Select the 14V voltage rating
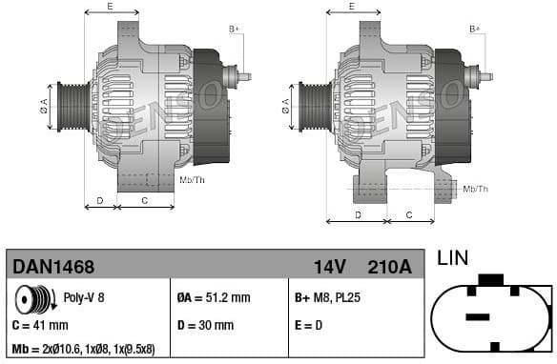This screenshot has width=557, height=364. click(329, 267)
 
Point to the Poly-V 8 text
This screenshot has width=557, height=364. click(84, 298)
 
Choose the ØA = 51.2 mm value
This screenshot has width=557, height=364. click(215, 298)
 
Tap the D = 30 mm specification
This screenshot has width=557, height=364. click(206, 325)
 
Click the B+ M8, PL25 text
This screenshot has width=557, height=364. click(329, 298)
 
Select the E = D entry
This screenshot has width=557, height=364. click(310, 325)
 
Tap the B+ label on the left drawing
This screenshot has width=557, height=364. click(234, 30)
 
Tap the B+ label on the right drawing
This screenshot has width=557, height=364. click(475, 30)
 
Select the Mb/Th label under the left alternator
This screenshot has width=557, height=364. click(192, 179)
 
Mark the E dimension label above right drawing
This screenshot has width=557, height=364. click(351, 7)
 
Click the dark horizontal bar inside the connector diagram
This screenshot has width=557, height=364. click(477, 315)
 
